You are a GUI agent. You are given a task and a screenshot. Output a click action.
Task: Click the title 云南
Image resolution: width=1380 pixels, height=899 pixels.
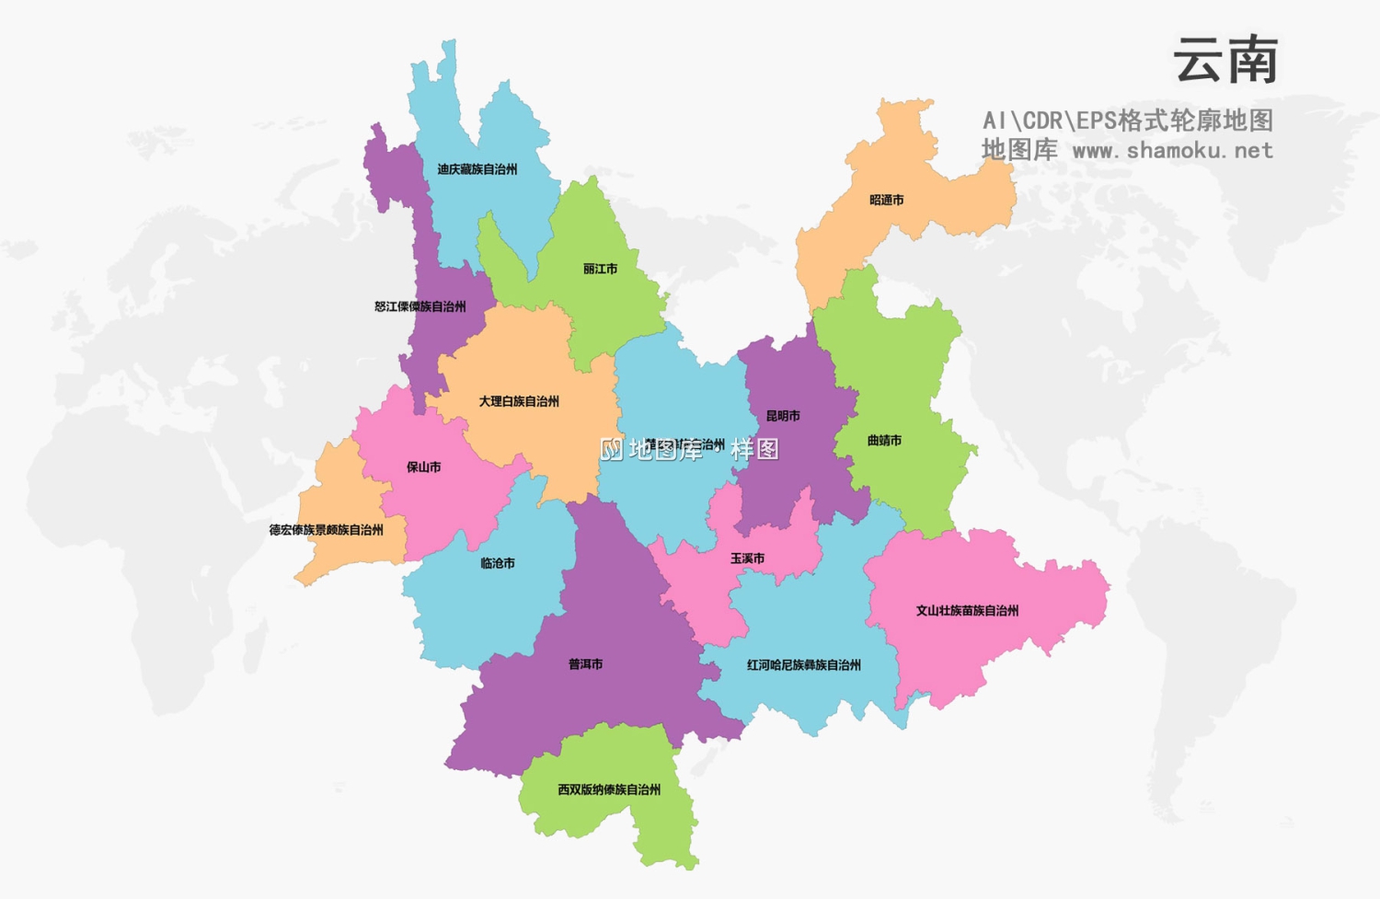coord(1225,62)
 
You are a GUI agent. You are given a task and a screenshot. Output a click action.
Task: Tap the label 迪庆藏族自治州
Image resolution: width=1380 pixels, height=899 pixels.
coord(477,169)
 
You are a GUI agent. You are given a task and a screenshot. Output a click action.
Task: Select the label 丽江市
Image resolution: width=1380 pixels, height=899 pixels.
coord(600,269)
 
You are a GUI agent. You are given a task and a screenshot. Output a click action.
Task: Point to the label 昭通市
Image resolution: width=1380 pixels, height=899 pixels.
coord(886,200)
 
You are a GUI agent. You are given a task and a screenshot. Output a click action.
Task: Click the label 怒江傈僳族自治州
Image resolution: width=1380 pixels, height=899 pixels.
coord(420,306)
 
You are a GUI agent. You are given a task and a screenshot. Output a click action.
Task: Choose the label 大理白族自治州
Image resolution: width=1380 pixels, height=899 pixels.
coord(518,401)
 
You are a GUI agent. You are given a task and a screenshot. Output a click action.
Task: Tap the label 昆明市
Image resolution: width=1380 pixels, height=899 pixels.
coord(783,416)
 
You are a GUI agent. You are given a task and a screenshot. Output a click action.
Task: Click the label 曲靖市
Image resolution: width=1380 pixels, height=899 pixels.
coord(884,441)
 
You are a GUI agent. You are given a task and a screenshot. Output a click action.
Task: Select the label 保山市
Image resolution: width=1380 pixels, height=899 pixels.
coord(423,467)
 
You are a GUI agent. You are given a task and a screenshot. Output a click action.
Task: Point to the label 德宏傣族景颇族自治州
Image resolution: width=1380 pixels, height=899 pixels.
coord(326,530)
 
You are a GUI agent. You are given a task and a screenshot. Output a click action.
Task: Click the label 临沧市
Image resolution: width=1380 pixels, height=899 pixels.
coord(498,563)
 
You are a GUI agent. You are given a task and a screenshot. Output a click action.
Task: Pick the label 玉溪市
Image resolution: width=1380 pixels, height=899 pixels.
coord(747,559)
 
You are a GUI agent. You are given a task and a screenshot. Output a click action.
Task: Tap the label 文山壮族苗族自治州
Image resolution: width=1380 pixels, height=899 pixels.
coord(967,610)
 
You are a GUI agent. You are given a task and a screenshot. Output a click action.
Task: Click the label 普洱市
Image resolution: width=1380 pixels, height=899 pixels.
coord(585,664)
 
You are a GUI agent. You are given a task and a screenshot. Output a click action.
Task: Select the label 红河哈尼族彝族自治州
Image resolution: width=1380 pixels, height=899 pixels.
coord(803,664)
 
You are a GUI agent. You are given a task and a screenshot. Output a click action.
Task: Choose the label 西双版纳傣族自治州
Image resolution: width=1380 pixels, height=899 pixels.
coord(609,790)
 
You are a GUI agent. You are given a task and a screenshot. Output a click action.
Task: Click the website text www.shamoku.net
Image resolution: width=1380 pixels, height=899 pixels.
coord(1173,150)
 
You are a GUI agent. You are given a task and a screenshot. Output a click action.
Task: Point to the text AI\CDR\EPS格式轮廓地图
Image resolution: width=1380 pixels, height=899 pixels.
coord(1127,121)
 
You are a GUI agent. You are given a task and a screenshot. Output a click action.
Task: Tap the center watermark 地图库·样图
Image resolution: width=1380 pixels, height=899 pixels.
coord(690,449)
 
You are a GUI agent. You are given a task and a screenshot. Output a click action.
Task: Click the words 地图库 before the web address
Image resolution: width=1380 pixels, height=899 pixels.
coord(1019,150)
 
